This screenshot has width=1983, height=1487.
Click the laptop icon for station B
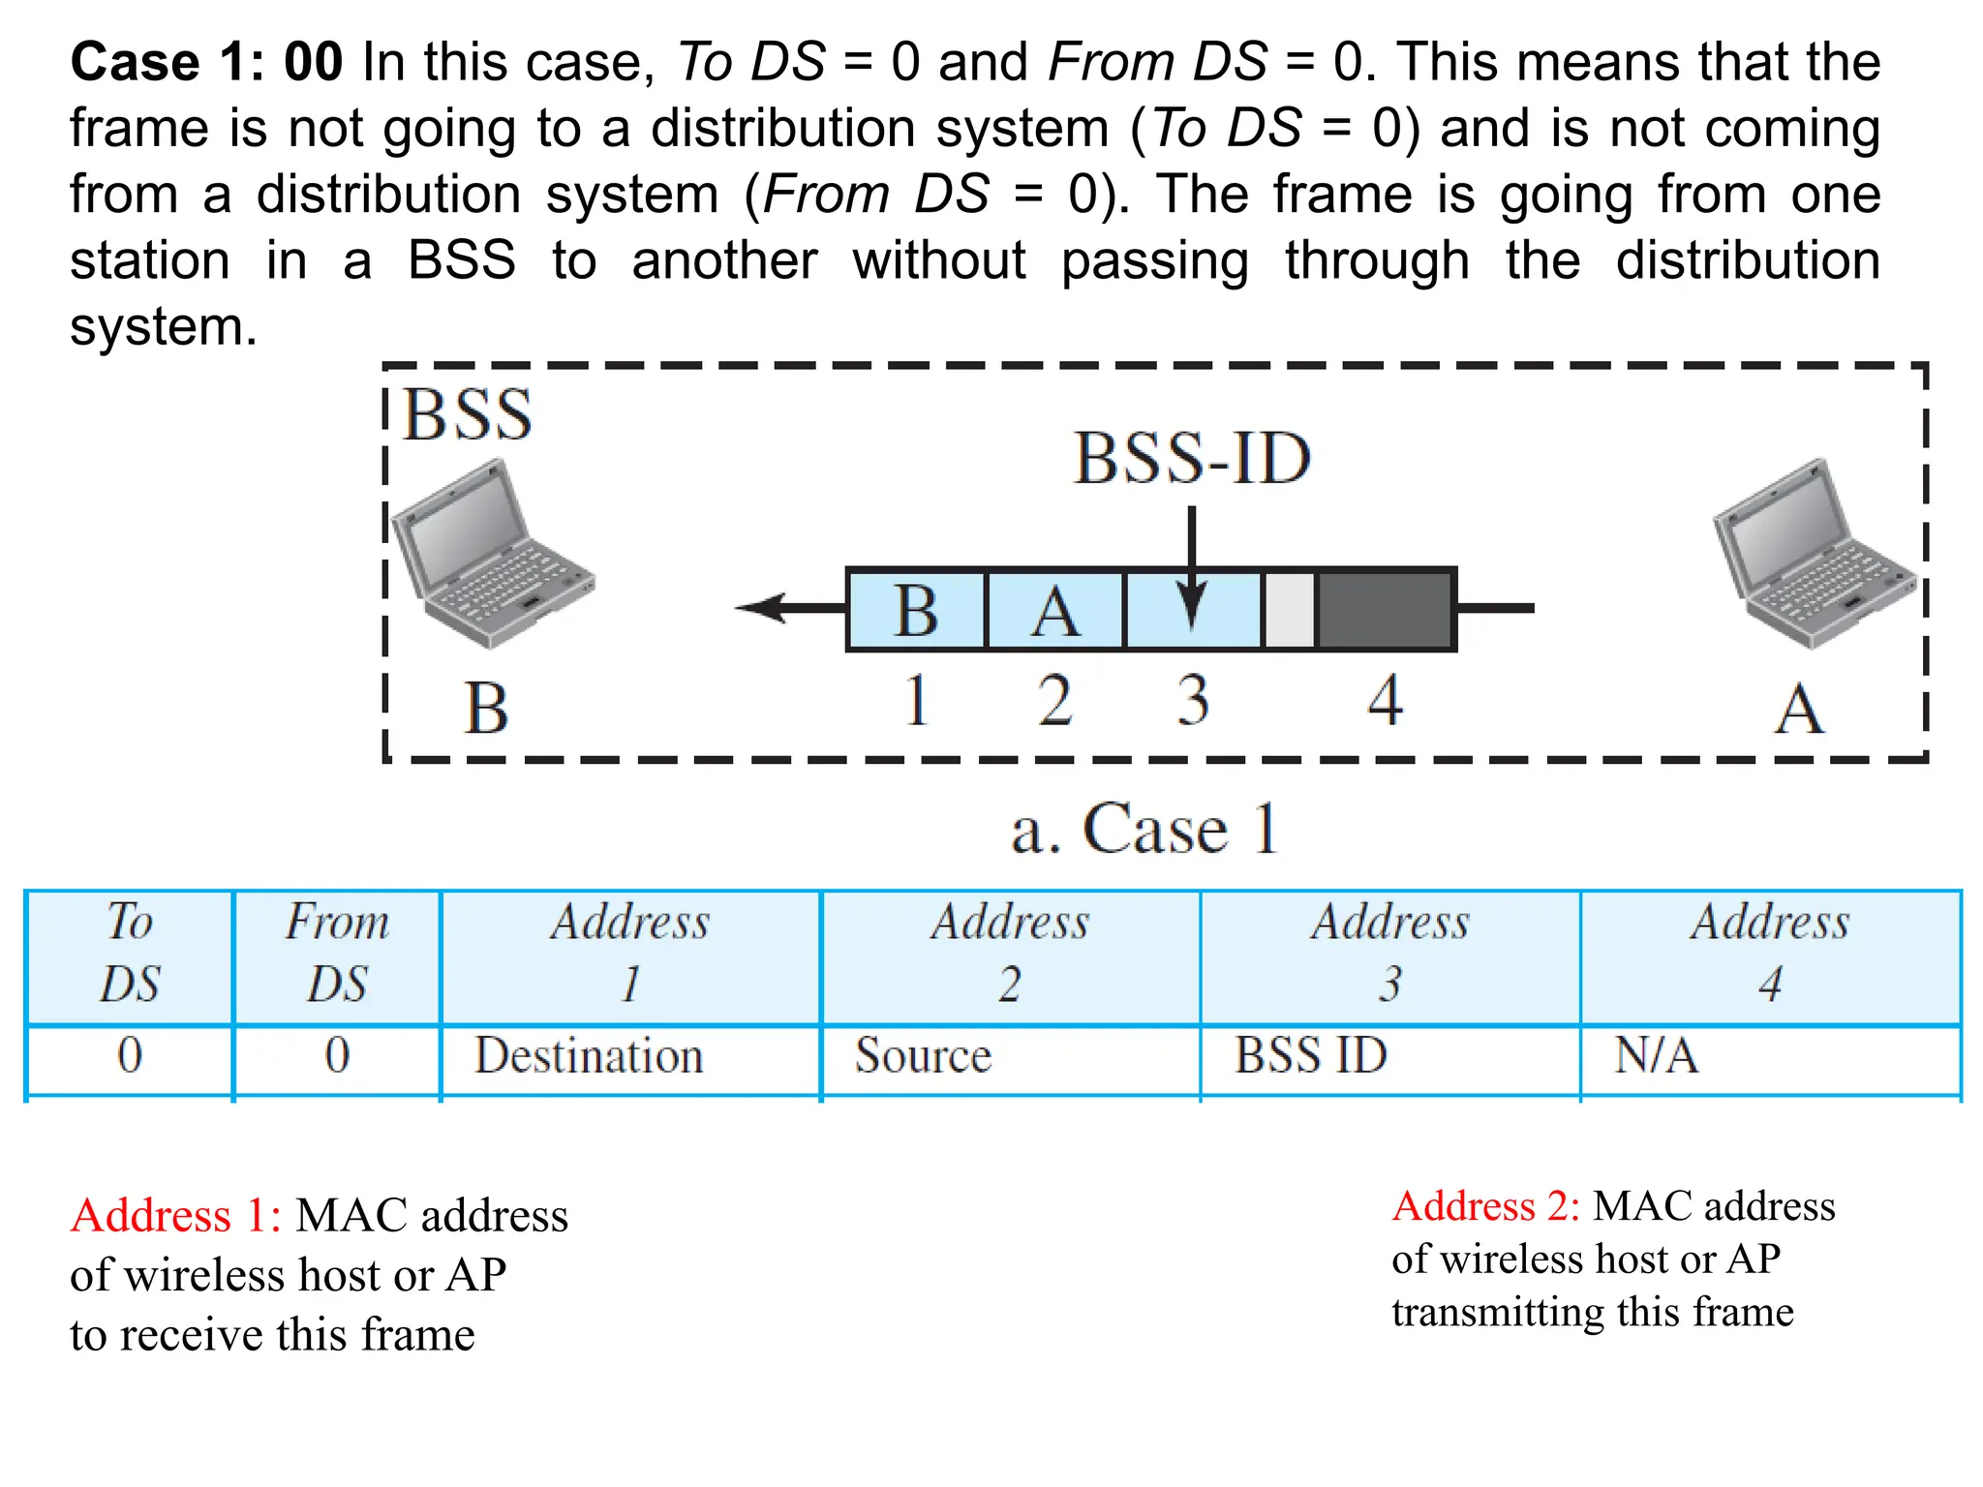pos(491,554)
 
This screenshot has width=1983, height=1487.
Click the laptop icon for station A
pos(1814,554)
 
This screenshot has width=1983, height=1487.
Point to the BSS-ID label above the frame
pos(1192,458)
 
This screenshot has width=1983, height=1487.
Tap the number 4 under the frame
pos(1386,700)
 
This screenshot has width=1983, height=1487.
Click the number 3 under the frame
pos(1193,700)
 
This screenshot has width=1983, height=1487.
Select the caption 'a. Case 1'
pos(1144,830)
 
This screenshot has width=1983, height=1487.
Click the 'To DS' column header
pos(130,954)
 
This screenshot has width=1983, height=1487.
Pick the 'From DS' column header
pos(337,954)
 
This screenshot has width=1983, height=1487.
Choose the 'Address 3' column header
pos(1390,954)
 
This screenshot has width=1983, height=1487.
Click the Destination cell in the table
pos(589,1055)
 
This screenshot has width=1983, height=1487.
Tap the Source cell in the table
pos(923,1055)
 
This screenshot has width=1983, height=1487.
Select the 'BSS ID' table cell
pos(1311,1055)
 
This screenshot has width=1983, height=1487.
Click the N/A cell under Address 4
pos(1656,1055)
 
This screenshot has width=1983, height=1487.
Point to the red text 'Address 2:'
pos(1485,1206)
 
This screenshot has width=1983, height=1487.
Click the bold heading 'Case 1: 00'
pos(206,62)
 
